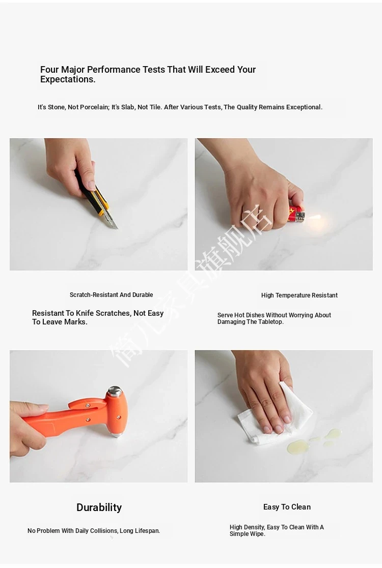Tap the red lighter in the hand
[x=297, y=214]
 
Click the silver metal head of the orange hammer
[x=115, y=391]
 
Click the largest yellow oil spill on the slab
[x=298, y=446]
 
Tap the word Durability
[x=99, y=507]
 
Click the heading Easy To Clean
[x=287, y=507]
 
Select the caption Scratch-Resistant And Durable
[x=112, y=295]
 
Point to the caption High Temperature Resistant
[x=299, y=295]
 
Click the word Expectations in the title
[x=67, y=80]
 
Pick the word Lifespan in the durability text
[x=147, y=531]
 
